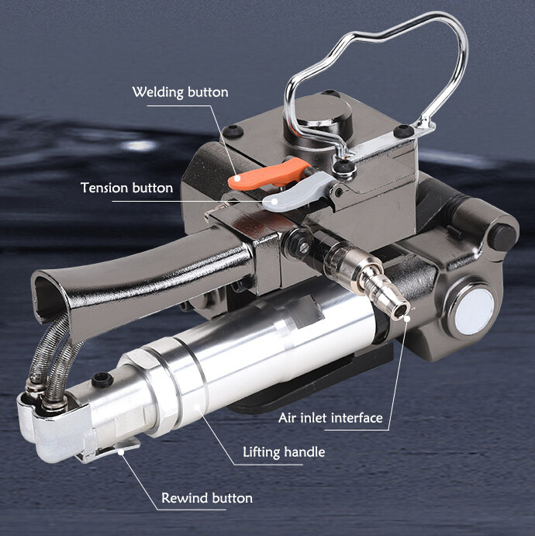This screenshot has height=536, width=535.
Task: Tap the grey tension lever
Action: pyautogui.click(x=297, y=192)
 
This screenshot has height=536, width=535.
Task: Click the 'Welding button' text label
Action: pyautogui.click(x=180, y=92)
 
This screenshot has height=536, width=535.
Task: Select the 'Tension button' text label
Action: pyautogui.click(x=126, y=188)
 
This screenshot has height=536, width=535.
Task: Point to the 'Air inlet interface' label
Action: pyautogui.click(x=330, y=418)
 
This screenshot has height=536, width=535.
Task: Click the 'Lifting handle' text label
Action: pyautogui.click(x=284, y=452)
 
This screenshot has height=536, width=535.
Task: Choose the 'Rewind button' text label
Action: pyautogui.click(x=207, y=498)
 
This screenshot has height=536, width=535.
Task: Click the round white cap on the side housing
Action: pyautogui.click(x=475, y=312)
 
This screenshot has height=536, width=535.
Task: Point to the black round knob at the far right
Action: pyautogui.click(x=502, y=237)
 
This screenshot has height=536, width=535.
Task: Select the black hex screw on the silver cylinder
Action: pyautogui.click(x=102, y=380)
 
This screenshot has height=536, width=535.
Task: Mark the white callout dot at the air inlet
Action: pyautogui.click(x=407, y=319)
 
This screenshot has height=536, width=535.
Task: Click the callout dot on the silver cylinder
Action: pyautogui.click(x=197, y=406)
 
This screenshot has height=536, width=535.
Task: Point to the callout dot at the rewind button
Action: pyautogui.click(x=121, y=452)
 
